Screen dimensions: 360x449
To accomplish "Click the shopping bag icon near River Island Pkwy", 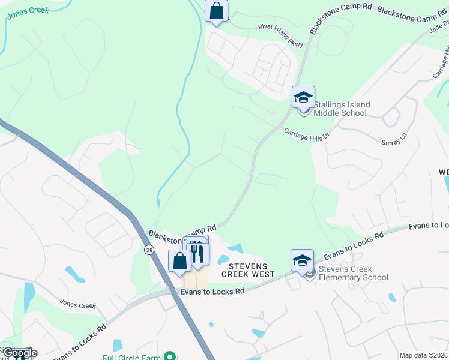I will [216, 11].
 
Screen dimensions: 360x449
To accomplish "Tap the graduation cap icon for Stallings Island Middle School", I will [303, 97].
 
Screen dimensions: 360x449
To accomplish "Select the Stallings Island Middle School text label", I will [340, 109].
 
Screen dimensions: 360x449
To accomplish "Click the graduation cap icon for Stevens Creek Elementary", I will [302, 260].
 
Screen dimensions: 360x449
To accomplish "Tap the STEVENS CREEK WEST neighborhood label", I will [248, 269].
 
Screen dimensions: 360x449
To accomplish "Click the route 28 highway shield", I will [148, 248].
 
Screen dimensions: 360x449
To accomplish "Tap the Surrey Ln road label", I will [394, 139].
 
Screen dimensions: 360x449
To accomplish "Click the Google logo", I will [19, 353].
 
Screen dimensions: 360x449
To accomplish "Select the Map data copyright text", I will [424, 355].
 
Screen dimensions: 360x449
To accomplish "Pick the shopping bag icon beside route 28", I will [179, 261].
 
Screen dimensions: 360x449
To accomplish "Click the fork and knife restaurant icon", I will [198, 253].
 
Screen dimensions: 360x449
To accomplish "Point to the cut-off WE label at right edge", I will [444, 172].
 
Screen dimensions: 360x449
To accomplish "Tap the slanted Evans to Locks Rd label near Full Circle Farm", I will [79, 343].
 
